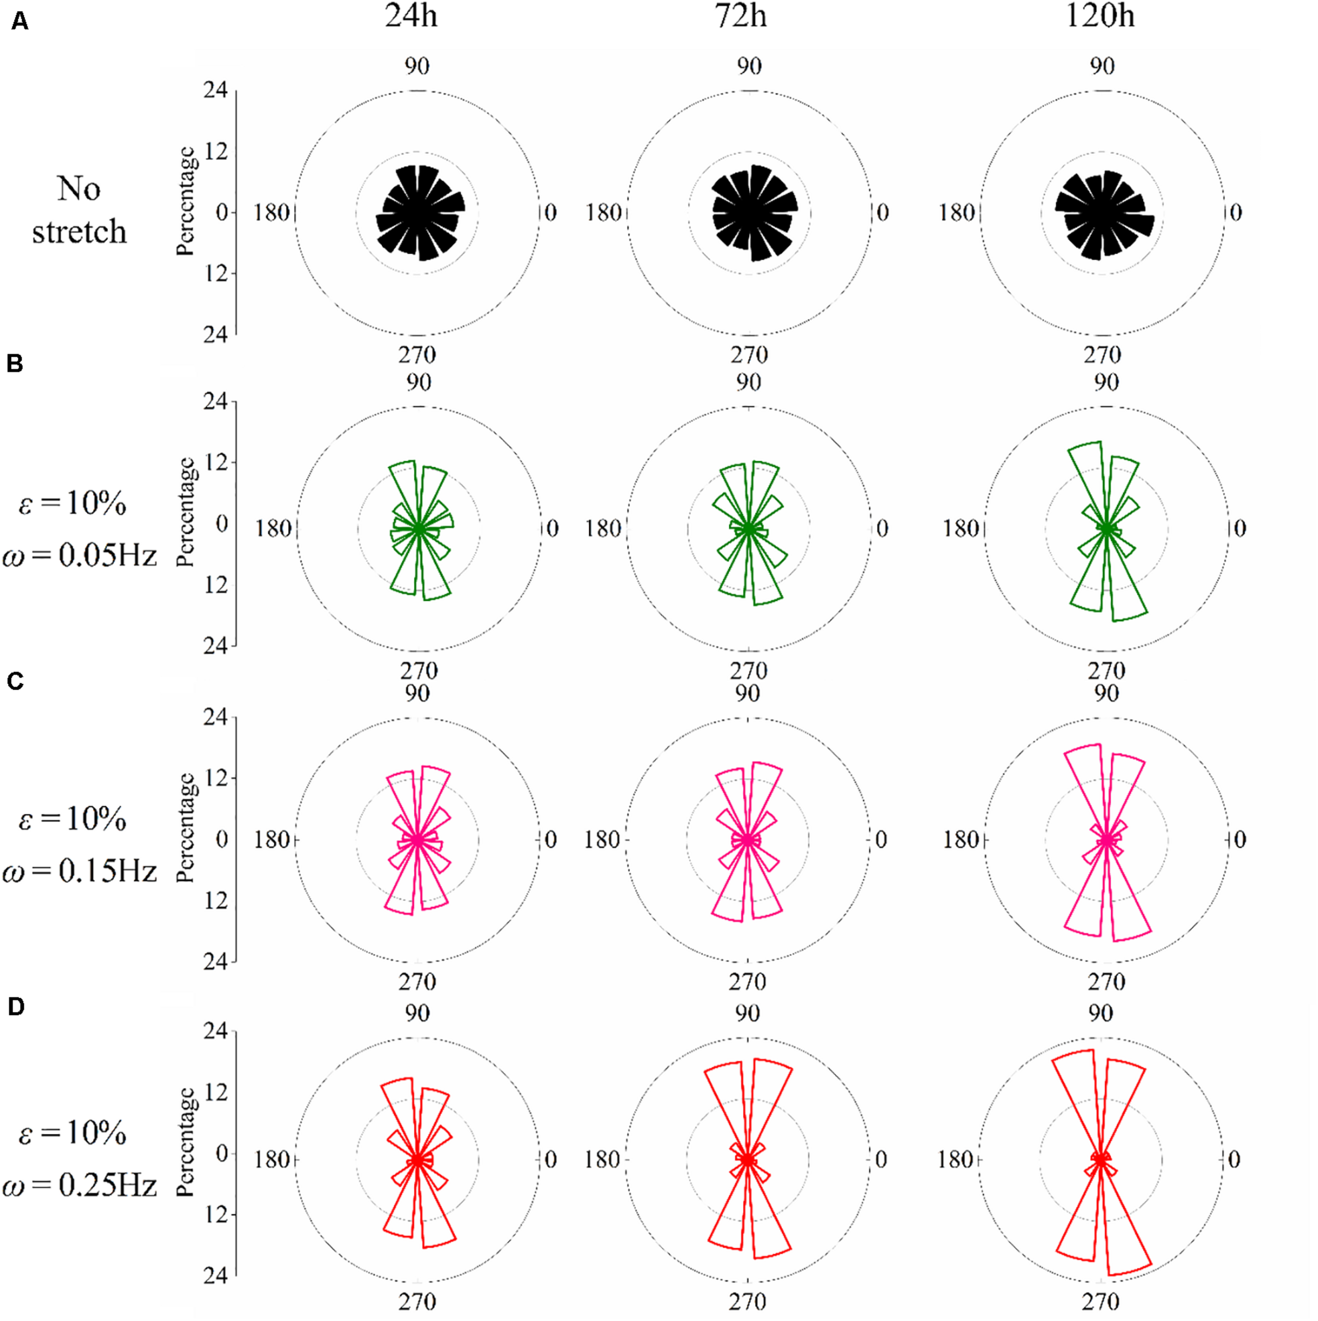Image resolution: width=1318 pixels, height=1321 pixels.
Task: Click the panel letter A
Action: coord(20,23)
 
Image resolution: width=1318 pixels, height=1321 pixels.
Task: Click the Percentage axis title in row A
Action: coord(186,202)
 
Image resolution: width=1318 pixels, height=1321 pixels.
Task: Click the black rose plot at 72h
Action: coord(754,212)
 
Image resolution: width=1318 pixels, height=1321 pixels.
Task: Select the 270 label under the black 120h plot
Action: coord(1102,355)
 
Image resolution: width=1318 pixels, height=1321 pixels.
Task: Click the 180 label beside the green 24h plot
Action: coord(274,528)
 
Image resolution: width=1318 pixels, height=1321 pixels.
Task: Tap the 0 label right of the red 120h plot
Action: coord(1233,1160)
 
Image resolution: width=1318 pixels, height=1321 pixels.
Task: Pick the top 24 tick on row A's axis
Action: coord(216,90)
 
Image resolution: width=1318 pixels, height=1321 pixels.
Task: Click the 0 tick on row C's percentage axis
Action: coord(221,839)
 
